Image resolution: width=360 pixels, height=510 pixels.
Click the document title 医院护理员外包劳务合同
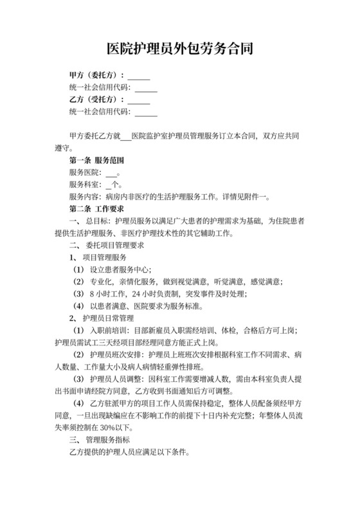point(179,48)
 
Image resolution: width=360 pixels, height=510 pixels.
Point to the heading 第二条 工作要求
point(96,209)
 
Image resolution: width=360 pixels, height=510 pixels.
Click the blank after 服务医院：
point(111,172)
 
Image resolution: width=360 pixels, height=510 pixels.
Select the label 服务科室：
point(85,185)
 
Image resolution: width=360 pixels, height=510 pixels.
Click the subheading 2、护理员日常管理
point(102,318)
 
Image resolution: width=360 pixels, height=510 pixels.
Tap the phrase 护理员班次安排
point(116,355)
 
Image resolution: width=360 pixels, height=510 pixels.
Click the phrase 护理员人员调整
point(116,379)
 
